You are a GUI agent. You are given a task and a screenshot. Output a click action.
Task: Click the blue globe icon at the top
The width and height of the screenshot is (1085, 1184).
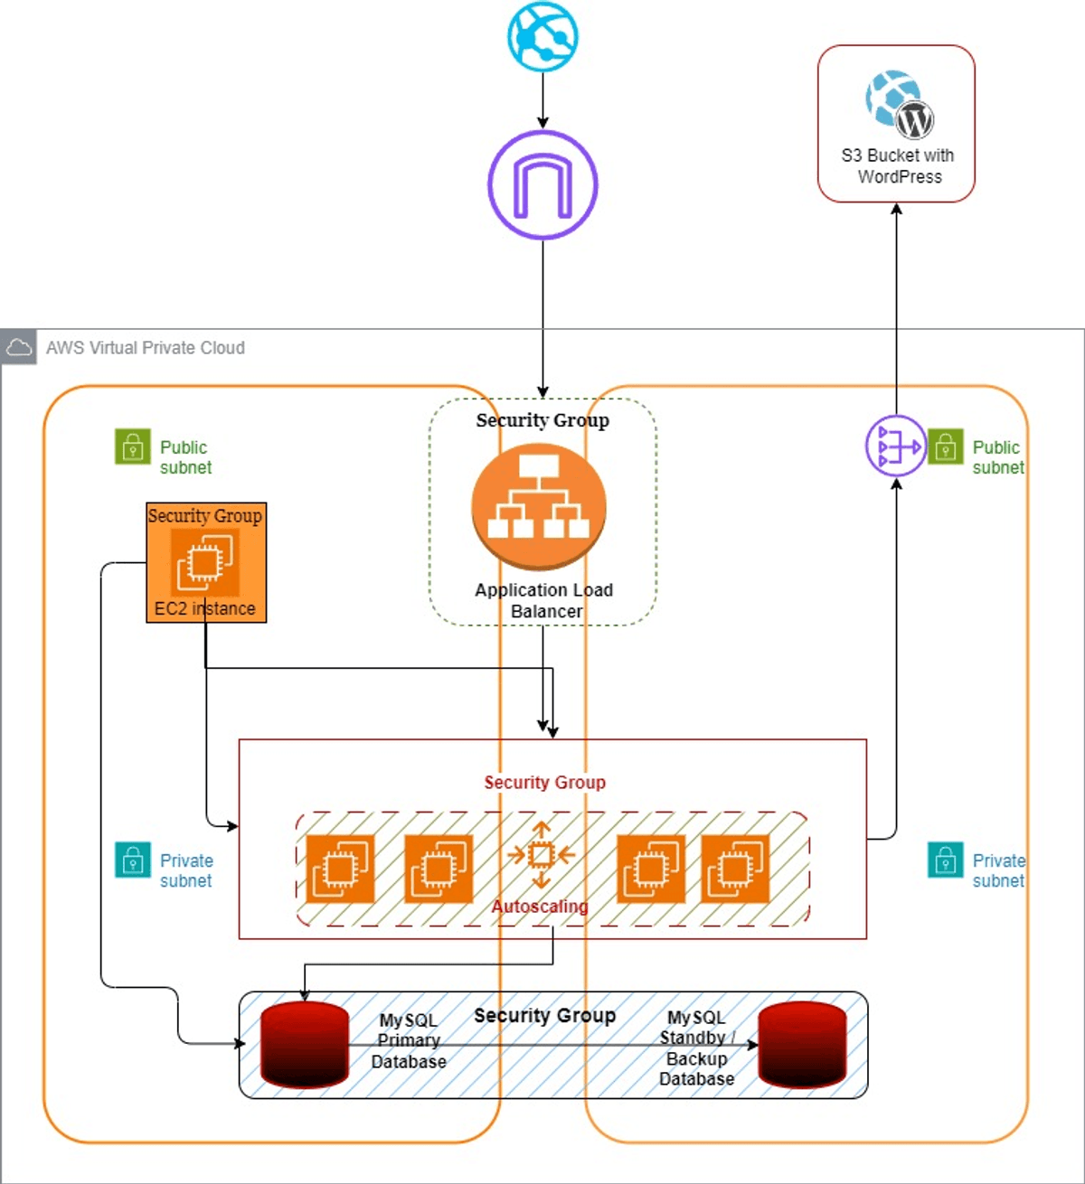542,36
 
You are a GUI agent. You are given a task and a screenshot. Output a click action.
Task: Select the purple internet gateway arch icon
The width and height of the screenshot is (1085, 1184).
542,185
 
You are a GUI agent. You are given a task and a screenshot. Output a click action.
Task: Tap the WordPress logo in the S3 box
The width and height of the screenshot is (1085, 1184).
914,118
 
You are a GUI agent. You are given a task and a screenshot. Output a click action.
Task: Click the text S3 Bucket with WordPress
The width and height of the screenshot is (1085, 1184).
898,166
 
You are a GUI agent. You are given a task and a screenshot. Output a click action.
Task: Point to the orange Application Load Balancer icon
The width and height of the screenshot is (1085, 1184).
539,506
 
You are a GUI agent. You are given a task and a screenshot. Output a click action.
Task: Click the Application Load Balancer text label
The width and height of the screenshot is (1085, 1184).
544,600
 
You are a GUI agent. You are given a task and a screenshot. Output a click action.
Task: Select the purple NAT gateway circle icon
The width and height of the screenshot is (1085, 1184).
895,446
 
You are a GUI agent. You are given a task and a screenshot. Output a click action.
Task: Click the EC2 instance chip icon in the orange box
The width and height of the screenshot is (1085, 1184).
205,562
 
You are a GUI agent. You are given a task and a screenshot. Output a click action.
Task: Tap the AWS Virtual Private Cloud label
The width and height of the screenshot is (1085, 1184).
146,348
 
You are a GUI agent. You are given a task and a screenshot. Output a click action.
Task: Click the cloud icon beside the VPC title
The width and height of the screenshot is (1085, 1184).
18,347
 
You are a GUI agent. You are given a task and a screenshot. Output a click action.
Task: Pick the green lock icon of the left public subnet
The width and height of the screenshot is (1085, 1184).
133,446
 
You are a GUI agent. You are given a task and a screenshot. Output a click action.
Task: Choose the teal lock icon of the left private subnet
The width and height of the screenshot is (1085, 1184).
133,860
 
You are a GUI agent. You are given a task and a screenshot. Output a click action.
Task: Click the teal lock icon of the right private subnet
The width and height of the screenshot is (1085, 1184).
945,860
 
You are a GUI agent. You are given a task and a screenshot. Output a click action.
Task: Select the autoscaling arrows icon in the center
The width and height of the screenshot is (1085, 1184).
541,854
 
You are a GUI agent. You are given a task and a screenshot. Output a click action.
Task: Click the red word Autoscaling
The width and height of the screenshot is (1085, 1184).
540,907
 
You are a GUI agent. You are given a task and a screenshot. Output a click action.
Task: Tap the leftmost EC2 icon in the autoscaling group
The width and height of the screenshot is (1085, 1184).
340,869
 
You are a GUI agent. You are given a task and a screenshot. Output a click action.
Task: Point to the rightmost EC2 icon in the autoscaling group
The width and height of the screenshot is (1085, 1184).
735,869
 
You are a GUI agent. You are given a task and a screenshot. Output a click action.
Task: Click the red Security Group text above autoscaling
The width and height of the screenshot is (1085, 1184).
544,783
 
